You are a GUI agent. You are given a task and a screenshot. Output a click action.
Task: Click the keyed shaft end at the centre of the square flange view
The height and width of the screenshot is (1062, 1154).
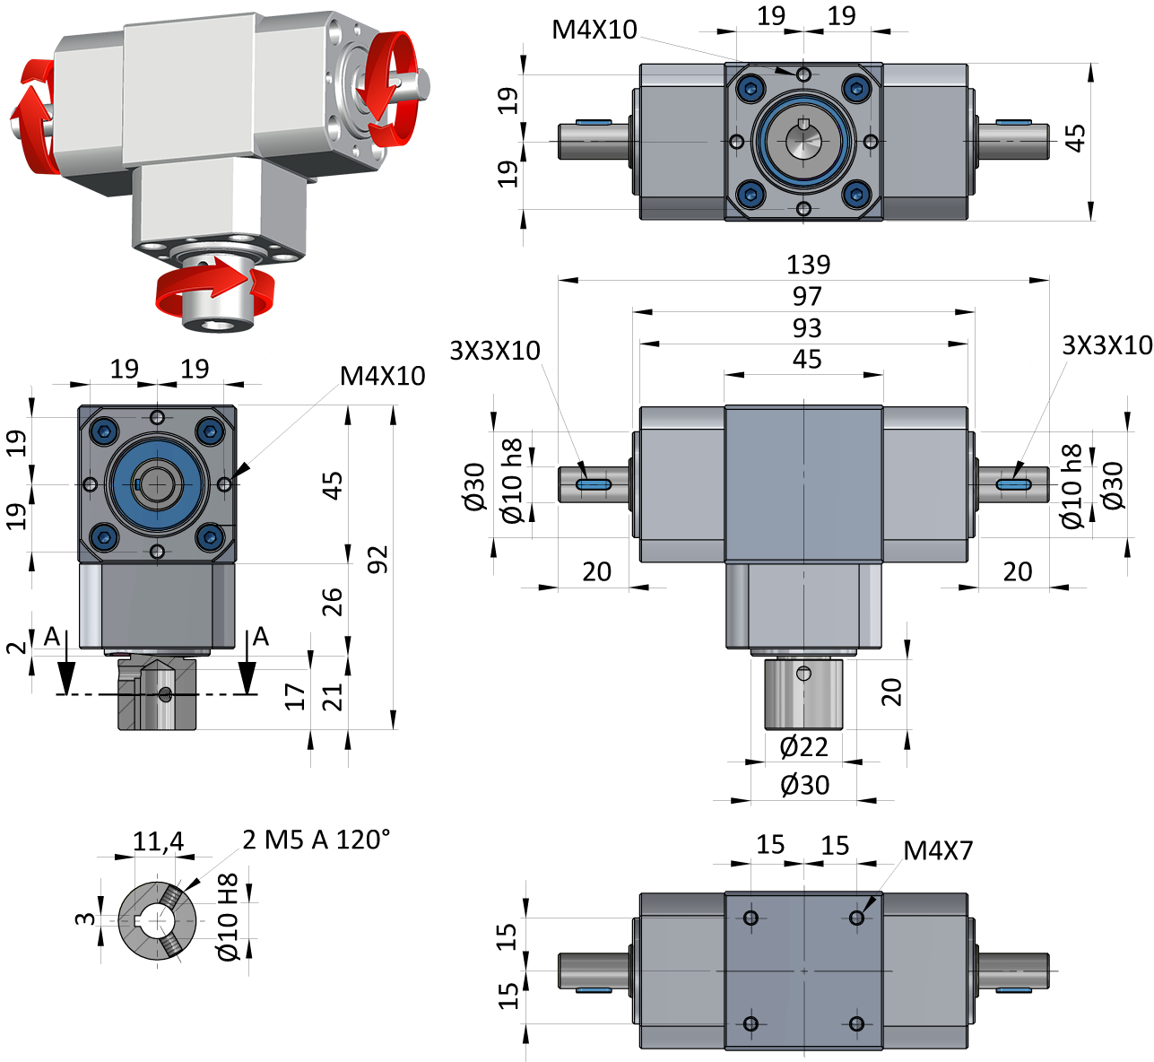[803, 141]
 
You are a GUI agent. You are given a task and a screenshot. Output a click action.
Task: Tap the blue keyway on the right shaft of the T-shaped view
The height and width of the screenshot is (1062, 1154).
[1012, 484]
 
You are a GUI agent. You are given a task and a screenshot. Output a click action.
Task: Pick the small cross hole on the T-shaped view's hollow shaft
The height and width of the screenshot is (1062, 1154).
[804, 673]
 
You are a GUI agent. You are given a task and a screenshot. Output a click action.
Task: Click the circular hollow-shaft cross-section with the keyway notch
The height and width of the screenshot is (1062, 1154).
[157, 920]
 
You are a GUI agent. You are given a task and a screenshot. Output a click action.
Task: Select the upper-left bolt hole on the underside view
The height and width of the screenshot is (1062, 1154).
[751, 918]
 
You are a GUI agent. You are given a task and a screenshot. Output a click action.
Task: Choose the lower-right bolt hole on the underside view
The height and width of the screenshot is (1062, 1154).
[856, 1023]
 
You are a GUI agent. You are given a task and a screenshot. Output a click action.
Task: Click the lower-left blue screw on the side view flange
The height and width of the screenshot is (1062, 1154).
[105, 537]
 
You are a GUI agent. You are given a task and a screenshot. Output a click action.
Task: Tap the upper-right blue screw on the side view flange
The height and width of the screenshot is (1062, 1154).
[210, 432]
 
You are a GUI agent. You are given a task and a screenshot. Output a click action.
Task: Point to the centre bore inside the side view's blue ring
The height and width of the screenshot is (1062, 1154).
[158, 484]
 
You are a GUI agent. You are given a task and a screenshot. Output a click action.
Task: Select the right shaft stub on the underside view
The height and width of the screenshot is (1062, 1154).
[1012, 971]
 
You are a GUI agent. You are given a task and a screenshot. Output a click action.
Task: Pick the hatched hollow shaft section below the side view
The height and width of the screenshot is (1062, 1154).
[157, 693]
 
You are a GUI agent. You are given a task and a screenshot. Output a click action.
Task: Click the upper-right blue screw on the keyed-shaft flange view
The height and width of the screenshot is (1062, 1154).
[856, 88]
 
